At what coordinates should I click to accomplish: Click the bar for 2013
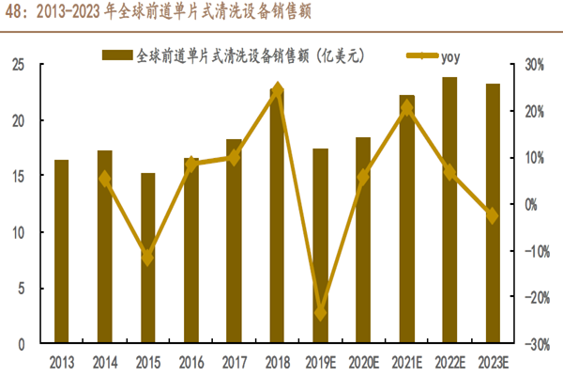coord(61,252)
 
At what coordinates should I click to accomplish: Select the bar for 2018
coord(277,216)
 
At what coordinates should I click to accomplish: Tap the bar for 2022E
coord(449,211)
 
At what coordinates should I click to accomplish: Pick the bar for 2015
coord(147,258)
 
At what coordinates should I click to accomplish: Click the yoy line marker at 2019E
coord(320,313)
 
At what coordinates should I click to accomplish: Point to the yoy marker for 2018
coord(277,91)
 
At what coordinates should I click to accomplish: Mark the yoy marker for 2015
coord(147,256)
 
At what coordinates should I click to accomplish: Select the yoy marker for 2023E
coord(492,215)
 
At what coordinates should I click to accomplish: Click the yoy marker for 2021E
coord(406,107)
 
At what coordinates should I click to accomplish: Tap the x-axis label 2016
coord(190,361)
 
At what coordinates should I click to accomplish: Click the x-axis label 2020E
coord(363,361)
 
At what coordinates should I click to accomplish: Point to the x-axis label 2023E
coord(492,361)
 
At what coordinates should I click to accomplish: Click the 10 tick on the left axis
coord(17,232)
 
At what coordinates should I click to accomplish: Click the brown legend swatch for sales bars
coord(117,55)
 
